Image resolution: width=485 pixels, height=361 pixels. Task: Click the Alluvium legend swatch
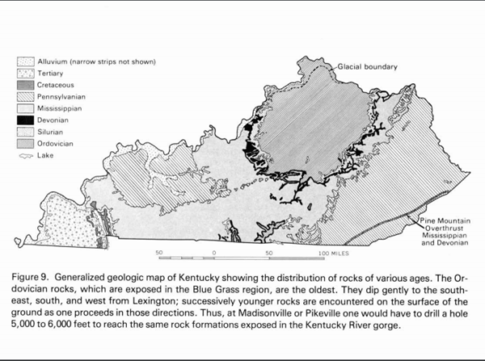click(x=27, y=62)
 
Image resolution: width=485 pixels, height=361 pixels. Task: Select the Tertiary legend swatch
click(x=27, y=73)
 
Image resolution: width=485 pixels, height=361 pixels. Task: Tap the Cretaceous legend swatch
click(x=27, y=84)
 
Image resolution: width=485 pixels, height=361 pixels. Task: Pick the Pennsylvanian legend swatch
click(x=27, y=96)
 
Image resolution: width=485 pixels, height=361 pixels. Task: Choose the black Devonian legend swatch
click(x=27, y=118)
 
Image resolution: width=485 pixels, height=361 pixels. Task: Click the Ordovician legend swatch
click(x=27, y=141)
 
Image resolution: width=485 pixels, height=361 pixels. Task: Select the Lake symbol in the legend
click(x=27, y=152)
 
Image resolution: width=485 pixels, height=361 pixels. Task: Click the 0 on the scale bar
click(x=213, y=253)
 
